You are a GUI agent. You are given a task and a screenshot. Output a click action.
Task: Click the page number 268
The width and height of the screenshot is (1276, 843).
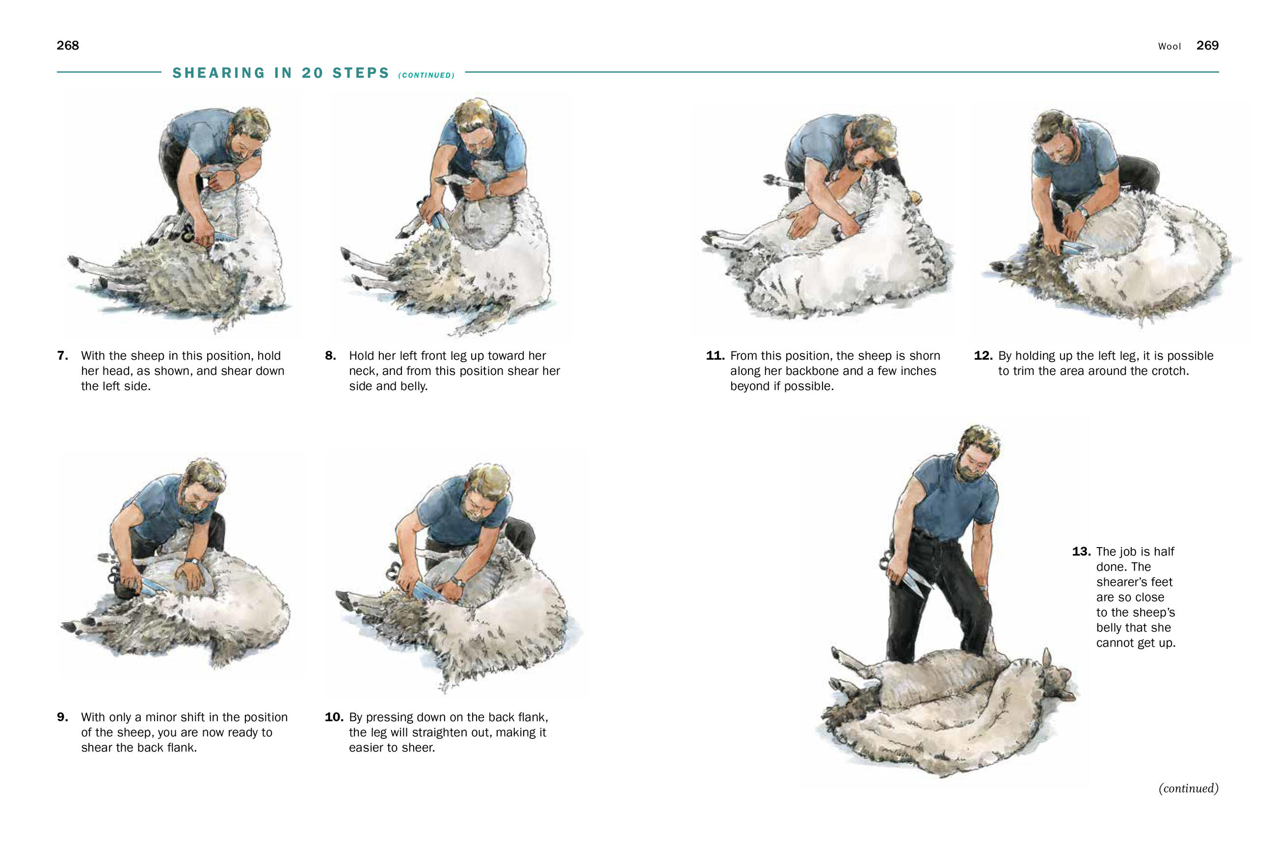coord(68,46)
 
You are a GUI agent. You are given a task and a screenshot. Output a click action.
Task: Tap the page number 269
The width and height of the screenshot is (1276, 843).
coord(1207,46)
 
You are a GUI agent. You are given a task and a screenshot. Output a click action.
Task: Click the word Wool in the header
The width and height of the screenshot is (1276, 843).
coord(1170,47)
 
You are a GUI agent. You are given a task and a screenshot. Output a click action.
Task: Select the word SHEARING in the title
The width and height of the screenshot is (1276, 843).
coord(219,73)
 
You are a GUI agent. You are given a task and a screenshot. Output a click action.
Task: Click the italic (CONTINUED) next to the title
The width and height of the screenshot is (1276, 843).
coord(426,75)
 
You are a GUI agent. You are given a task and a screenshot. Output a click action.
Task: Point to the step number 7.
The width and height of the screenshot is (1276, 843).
coord(62,356)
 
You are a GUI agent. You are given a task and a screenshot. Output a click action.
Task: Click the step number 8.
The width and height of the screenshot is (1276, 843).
coord(330,356)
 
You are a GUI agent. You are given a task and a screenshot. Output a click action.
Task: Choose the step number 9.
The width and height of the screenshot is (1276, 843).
coord(62,717)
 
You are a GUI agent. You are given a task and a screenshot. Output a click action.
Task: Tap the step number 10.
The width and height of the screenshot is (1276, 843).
coord(334,717)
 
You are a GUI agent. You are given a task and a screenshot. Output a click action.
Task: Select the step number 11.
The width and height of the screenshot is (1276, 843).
coord(715,356)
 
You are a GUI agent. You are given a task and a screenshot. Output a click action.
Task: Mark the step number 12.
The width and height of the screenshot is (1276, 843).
coord(983,356)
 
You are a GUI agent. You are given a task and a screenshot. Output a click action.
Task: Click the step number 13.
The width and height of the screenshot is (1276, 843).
coord(1081,552)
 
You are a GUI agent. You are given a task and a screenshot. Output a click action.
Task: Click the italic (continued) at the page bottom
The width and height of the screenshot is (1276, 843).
coord(1188,789)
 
